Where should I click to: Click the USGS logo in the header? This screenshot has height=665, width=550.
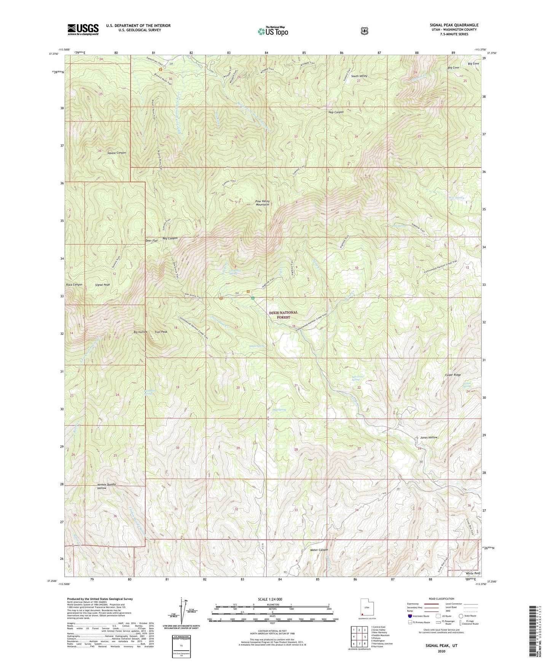coord(83,29)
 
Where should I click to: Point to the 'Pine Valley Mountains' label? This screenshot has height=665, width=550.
coord(262,203)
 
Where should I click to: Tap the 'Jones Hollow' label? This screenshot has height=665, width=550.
coord(429,438)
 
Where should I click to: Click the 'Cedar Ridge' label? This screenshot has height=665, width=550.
coord(453,375)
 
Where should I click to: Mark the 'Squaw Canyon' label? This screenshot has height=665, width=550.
coord(116,153)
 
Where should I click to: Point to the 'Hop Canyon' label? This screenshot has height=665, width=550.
coord(336,112)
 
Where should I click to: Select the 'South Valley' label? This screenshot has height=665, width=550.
coord(359,76)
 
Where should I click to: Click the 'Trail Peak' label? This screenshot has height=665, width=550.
coord(161,332)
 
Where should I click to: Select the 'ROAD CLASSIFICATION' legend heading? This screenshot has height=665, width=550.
coord(441,599)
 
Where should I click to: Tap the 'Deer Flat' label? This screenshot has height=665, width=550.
coord(151,241)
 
